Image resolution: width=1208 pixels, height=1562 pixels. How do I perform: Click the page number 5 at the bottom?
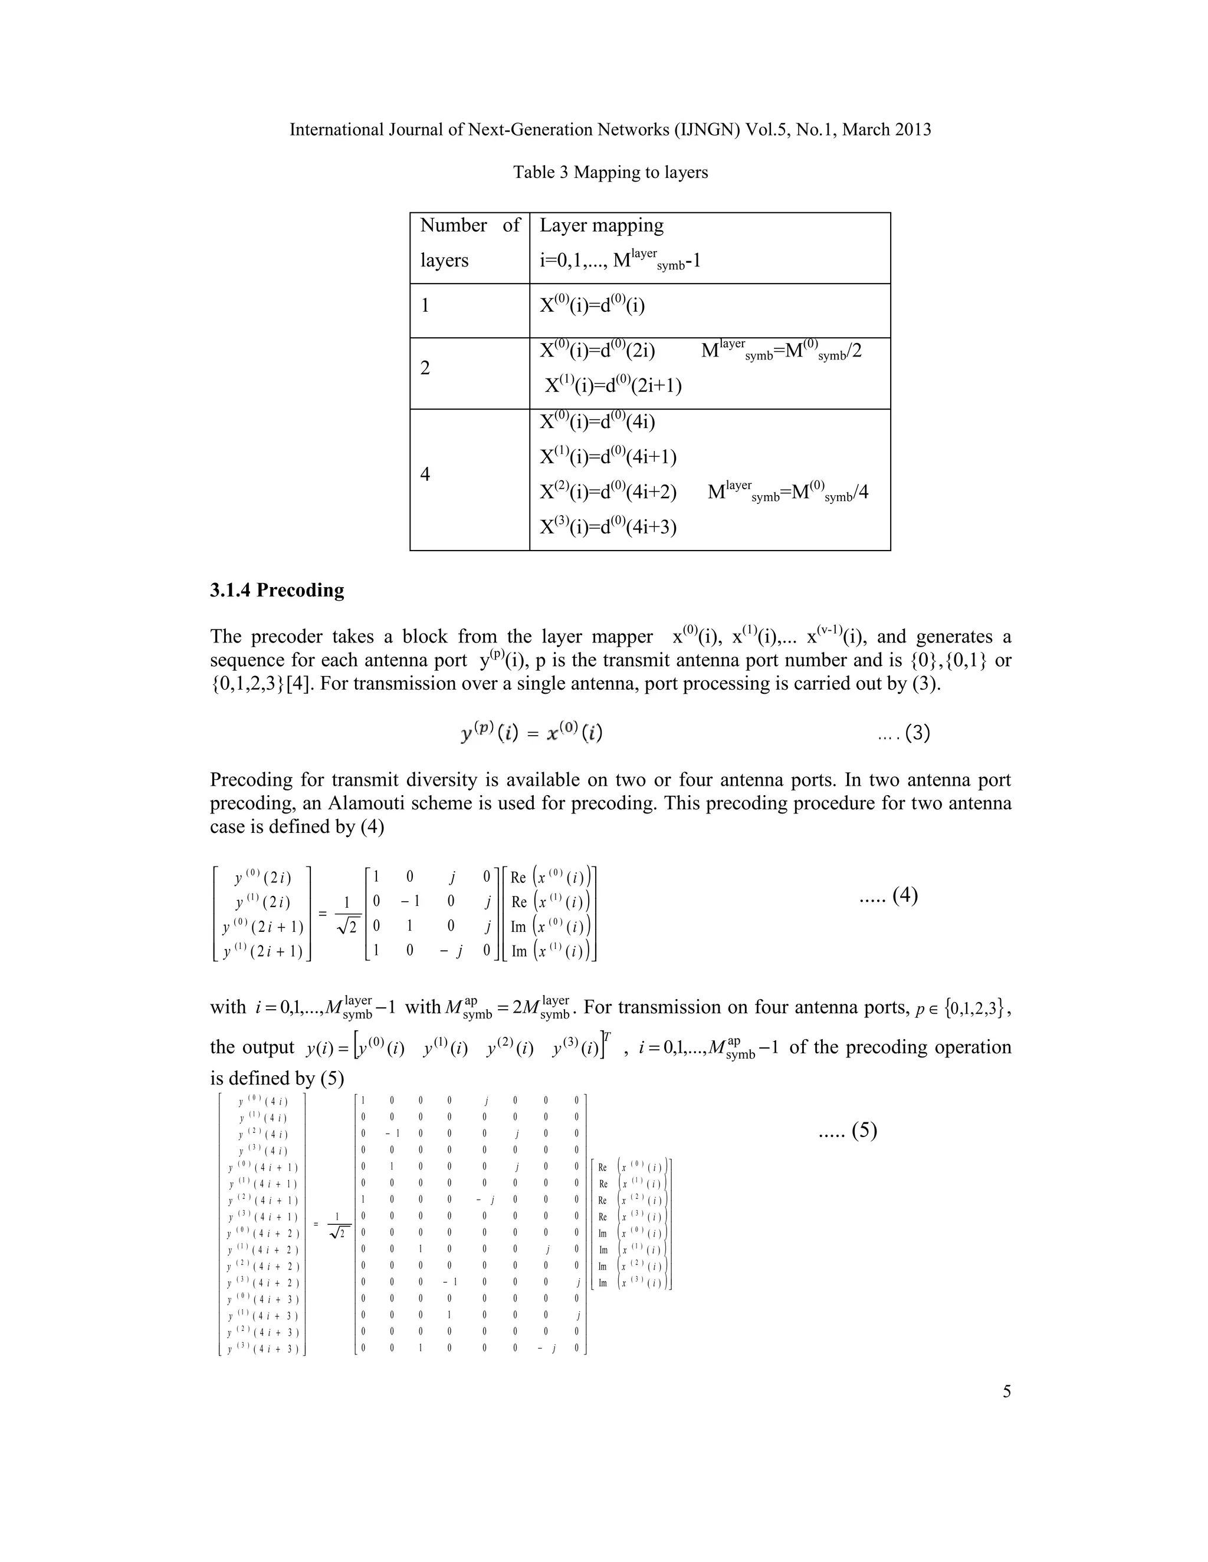pos(1006,1391)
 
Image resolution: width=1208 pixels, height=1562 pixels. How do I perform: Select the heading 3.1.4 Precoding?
pos(277,590)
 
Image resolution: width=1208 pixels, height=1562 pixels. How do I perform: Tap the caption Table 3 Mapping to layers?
pos(610,172)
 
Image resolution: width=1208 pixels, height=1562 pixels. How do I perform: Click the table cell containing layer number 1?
pos(426,306)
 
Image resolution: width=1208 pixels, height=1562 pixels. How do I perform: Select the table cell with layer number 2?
pos(426,368)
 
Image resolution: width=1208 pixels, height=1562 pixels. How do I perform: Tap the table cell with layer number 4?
pos(426,474)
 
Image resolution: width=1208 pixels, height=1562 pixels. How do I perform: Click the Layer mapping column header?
pos(601,225)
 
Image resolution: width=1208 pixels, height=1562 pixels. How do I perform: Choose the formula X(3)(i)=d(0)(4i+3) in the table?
pos(608,527)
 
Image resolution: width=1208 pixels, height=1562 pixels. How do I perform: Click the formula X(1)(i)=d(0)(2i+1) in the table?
pos(613,385)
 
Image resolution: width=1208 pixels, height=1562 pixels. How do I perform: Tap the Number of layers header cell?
pos(470,243)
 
